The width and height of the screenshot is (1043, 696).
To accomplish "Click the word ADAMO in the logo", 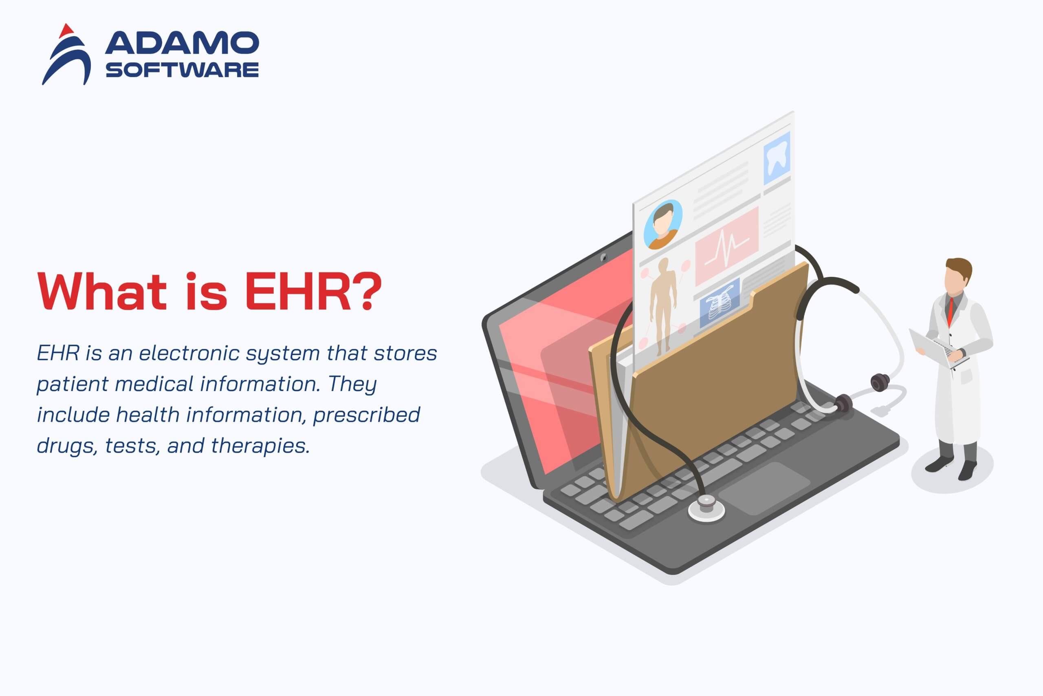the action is coord(182,43).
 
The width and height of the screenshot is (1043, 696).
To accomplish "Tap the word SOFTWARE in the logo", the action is coord(182,70).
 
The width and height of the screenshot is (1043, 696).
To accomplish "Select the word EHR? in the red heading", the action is coord(312,291).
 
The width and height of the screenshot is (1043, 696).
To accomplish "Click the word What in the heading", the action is coord(102,291).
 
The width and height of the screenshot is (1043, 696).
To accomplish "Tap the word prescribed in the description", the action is coord(366,415).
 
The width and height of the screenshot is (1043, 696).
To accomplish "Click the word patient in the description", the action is coord(72,384).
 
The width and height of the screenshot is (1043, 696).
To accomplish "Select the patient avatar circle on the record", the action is coord(662,225).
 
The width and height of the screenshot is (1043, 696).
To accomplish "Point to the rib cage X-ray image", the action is coord(719,304).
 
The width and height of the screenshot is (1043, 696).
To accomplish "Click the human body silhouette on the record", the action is coord(663,306).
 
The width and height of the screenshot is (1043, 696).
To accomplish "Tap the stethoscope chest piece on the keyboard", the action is coord(706,508).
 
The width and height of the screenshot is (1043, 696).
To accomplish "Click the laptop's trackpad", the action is coord(764,489).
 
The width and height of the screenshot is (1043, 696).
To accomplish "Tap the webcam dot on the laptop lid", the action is coord(603,257).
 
